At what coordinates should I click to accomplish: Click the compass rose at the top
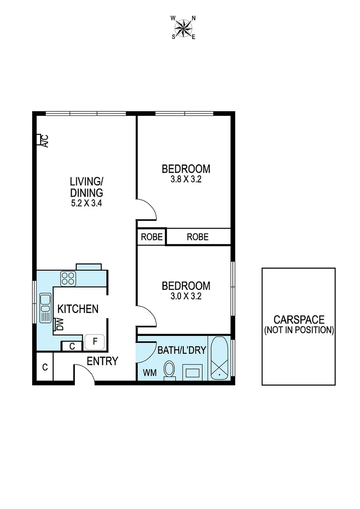pos(184,27)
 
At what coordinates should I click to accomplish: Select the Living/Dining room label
pos(86,187)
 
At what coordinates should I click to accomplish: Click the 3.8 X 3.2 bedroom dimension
pos(186,180)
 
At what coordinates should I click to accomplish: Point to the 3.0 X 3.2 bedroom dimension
pos(186,296)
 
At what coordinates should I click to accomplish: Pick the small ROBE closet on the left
pos(151,237)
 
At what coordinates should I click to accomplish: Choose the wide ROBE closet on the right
pos(197,237)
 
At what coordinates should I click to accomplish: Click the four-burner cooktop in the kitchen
pos(68,278)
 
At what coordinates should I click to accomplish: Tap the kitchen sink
pos(45,308)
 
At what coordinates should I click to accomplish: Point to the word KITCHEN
pos(78,309)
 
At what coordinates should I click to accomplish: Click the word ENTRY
pos(102,361)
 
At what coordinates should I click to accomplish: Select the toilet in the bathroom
pos(169,370)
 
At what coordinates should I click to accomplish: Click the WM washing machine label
pos(149,373)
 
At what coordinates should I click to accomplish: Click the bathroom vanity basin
pos(193,373)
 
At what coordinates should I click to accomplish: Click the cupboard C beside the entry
pos(45,367)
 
